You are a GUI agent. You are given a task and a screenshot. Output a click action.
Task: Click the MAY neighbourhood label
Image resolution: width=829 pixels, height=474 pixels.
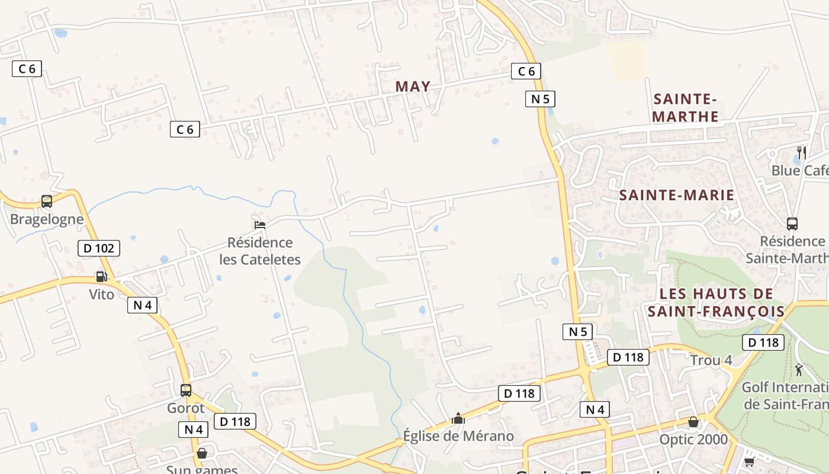pos(413,87)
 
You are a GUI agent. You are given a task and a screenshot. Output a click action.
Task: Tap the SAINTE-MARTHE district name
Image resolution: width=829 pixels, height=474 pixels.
pos(686,107)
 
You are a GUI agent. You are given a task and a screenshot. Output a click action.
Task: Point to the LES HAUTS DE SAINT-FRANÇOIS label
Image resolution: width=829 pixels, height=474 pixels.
pos(716,302)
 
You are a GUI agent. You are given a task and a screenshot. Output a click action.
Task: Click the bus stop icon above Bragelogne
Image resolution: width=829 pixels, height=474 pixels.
pos(47,201)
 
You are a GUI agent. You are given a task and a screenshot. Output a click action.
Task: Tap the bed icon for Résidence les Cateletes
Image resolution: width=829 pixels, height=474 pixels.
pos(259,225)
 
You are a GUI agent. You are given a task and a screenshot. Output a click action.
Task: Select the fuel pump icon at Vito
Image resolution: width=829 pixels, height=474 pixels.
pos(101,277)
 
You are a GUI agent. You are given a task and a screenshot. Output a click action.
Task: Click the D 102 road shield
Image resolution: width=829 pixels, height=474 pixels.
pos(99,248)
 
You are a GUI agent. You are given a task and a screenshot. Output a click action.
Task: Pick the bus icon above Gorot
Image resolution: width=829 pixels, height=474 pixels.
pos(186,390)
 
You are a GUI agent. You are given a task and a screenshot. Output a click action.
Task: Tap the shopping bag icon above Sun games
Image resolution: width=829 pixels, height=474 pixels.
pos(202,453)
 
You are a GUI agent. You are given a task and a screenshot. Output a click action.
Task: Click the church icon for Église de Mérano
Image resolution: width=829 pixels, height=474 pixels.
pos(458,419)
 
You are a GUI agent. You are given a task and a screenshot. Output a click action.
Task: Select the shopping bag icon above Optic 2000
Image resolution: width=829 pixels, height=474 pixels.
pos(693,422)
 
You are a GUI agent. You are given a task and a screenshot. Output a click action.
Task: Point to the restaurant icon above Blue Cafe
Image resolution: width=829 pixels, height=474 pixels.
pos(802,152)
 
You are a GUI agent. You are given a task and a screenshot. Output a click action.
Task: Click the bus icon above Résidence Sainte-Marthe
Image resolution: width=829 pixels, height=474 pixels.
pos(792,224)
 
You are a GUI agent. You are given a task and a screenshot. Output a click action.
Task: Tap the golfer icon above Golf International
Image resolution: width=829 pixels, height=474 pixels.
pos(799,370)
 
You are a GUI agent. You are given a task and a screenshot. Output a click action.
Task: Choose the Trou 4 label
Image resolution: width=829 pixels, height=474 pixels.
pos(711,360)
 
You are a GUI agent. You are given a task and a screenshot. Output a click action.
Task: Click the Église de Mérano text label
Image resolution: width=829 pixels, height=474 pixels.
pos(458,437)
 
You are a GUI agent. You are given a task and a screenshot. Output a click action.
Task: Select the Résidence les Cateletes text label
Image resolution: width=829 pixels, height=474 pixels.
pos(260,251)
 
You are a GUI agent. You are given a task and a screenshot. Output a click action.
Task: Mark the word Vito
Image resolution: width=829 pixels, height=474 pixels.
pos(102,294)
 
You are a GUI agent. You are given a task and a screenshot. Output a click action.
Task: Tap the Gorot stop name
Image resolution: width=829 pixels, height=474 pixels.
pos(186,408)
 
